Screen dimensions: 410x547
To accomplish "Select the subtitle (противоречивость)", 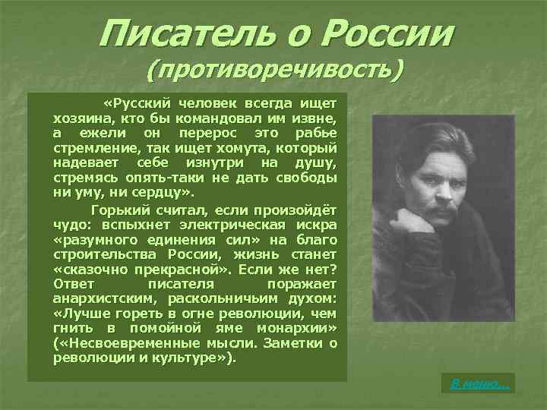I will tap(274, 71).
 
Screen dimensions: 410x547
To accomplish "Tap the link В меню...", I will tap(479, 384).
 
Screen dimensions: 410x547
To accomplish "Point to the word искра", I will tap(317, 224).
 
